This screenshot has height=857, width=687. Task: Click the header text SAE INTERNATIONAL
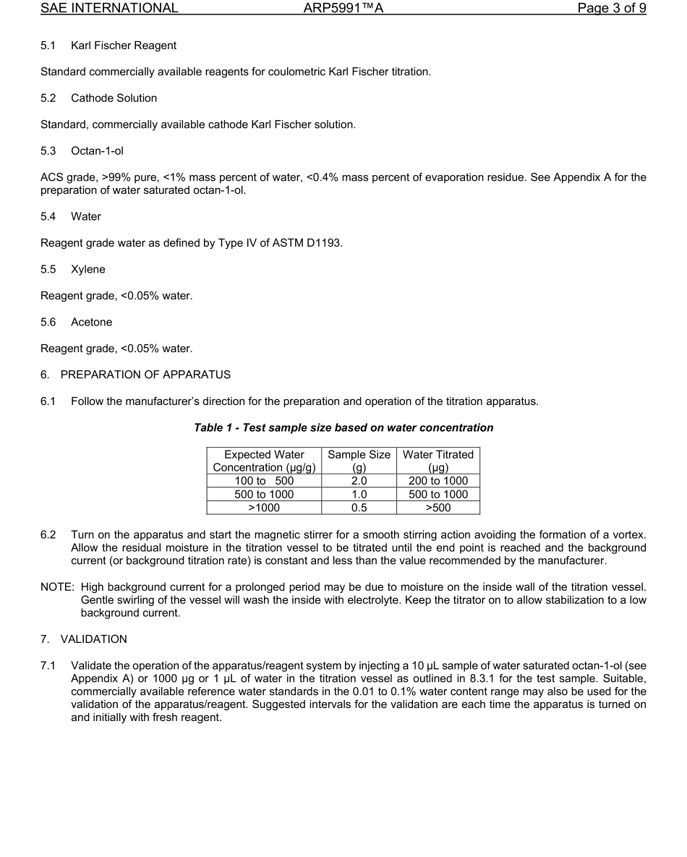109,9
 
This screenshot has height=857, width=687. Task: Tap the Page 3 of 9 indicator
611,9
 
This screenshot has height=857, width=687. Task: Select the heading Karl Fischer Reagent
123,46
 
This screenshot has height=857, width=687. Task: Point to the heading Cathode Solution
114,98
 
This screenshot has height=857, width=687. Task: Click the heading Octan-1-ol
97,151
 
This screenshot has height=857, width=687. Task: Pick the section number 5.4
48,217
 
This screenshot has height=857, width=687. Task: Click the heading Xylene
88,270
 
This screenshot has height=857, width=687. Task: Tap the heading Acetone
91,323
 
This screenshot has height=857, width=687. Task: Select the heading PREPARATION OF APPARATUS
145,375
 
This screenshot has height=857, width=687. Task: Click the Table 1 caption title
343,428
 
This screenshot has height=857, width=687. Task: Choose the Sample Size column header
359,461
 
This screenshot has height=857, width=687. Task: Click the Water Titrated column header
438,461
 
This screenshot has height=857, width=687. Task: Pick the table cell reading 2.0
359,481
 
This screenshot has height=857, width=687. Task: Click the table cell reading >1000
264,508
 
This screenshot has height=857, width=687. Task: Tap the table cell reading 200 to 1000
438,481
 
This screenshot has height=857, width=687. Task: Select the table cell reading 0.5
359,508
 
